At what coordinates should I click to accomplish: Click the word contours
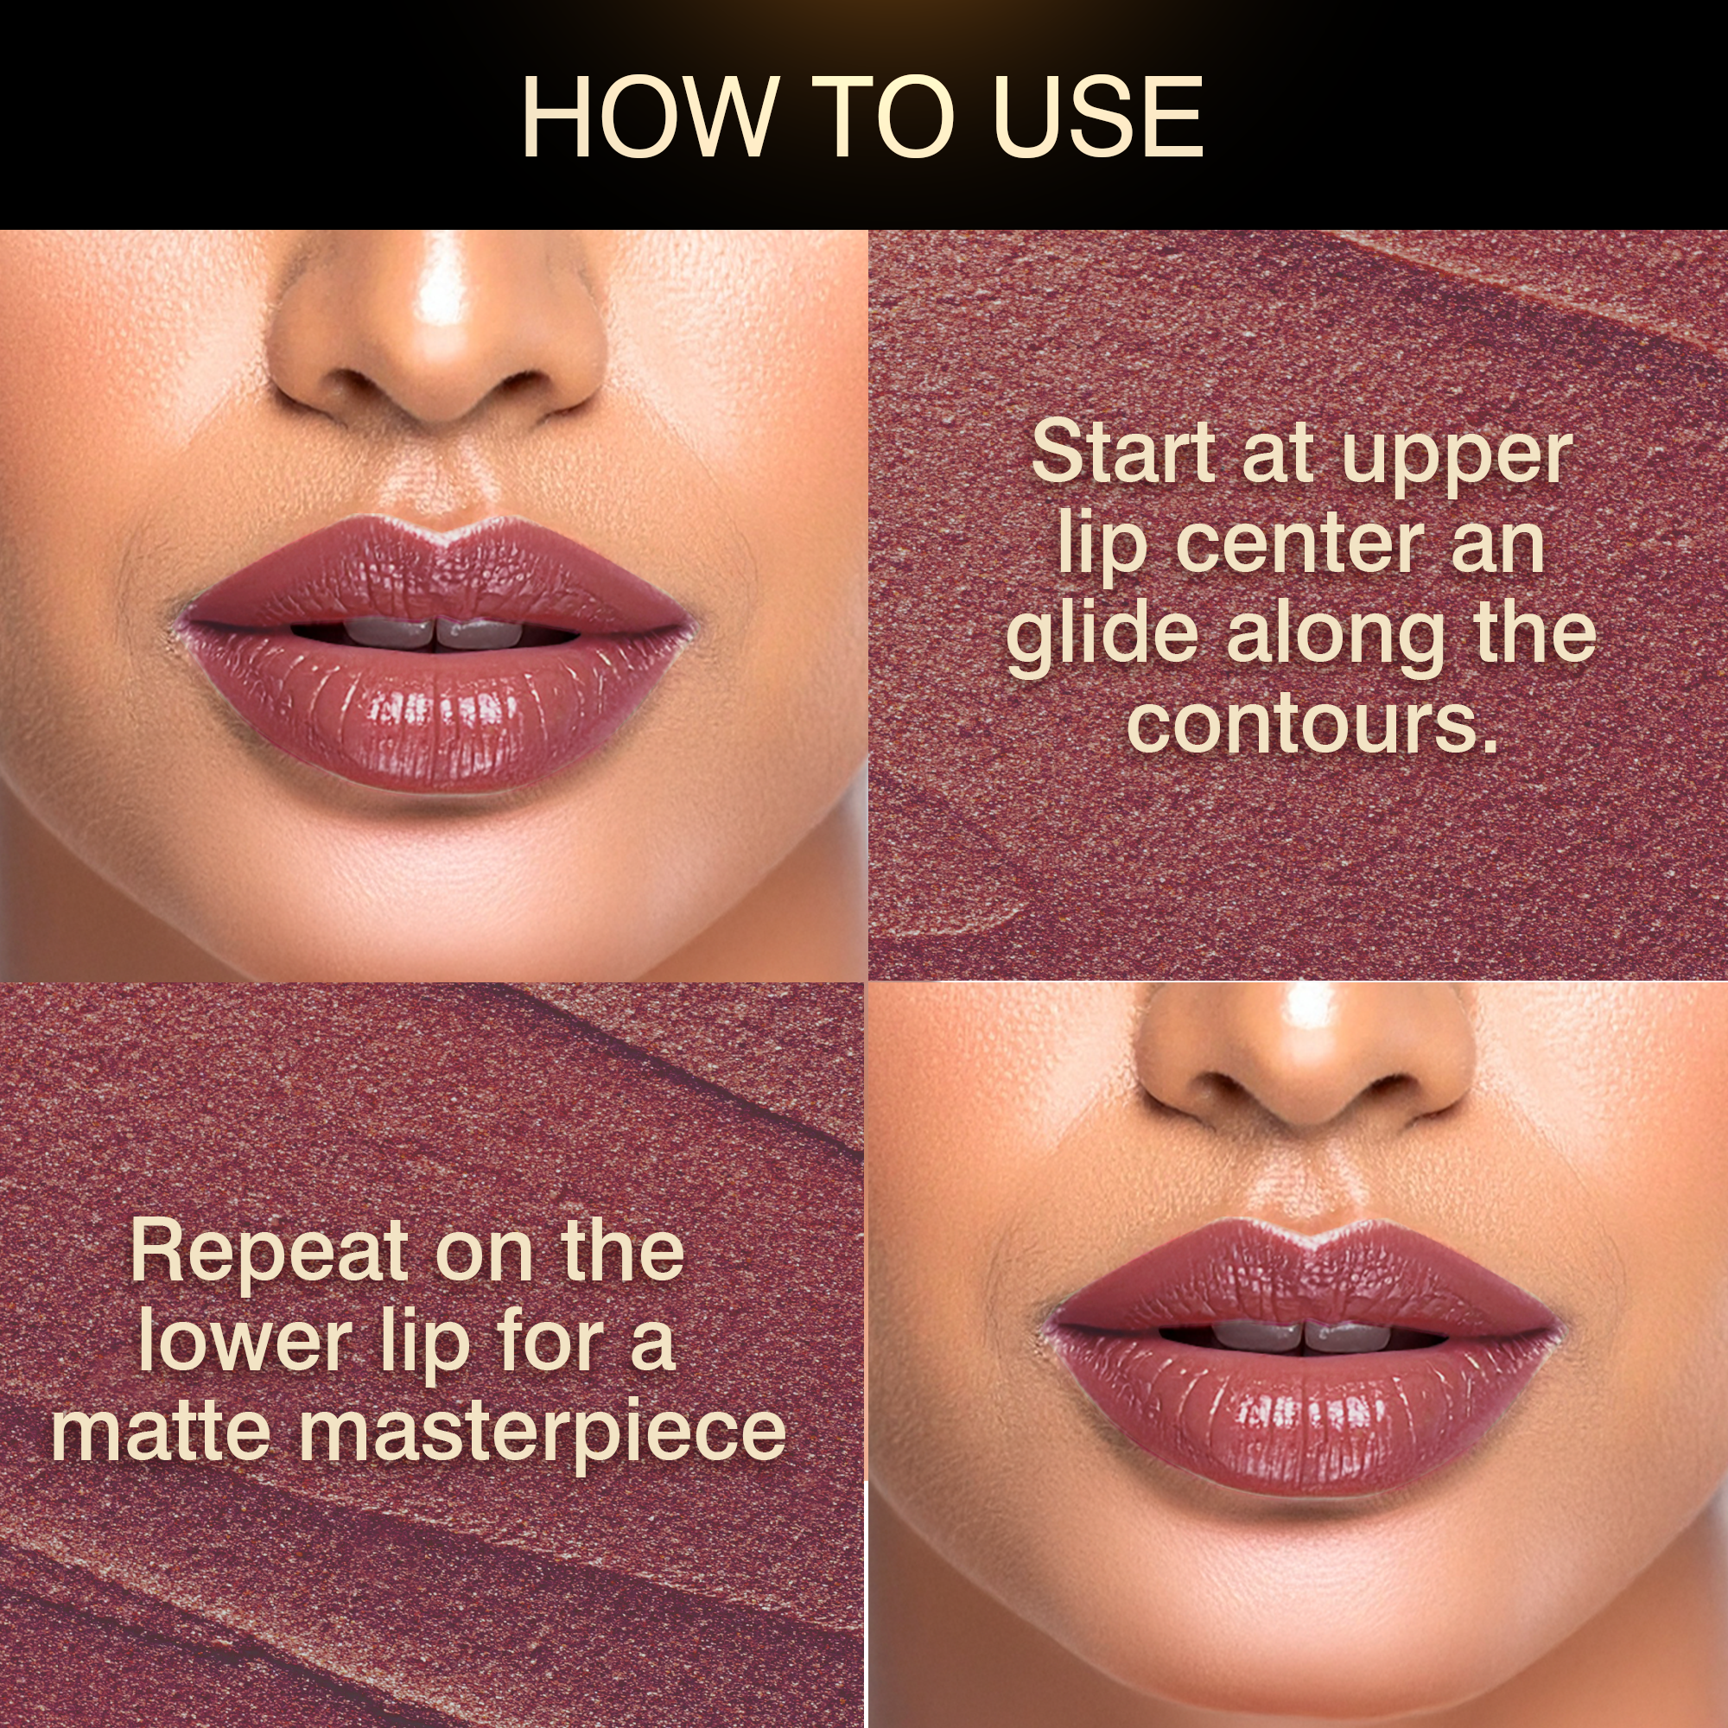tap(1312, 725)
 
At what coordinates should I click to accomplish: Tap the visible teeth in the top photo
tap(435, 632)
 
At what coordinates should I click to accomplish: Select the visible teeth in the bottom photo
tap(1302, 1336)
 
